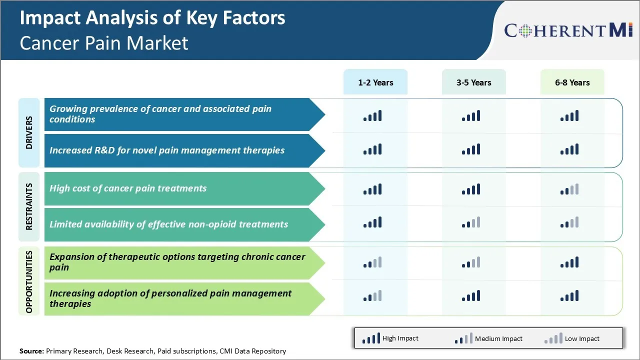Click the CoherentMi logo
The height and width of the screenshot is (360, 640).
[x=568, y=30]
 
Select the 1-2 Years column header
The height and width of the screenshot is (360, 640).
[x=375, y=82]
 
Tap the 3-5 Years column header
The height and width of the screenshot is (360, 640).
[x=473, y=82]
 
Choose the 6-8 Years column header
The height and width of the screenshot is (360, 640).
[x=572, y=82]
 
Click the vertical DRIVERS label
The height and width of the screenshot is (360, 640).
[x=29, y=133]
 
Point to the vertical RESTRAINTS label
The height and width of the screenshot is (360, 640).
[x=29, y=206]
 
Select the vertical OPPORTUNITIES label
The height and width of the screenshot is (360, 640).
[x=29, y=281]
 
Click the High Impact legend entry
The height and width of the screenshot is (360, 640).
[x=390, y=338]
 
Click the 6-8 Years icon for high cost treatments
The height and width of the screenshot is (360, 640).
[x=569, y=189]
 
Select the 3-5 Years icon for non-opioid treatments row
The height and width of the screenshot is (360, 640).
[x=471, y=222]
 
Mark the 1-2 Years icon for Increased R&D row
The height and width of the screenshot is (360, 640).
[x=372, y=149]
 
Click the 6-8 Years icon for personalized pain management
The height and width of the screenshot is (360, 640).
[x=569, y=296]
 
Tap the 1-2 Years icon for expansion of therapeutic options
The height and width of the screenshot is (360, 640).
[x=372, y=262]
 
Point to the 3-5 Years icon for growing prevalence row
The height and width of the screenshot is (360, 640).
[x=471, y=116]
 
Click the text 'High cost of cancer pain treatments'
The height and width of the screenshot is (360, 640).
[x=128, y=188]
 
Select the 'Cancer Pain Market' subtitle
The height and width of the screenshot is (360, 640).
[x=104, y=43]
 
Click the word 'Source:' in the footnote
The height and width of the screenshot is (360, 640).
[x=31, y=351]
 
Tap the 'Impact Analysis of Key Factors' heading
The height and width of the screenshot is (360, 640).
[x=152, y=18]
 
